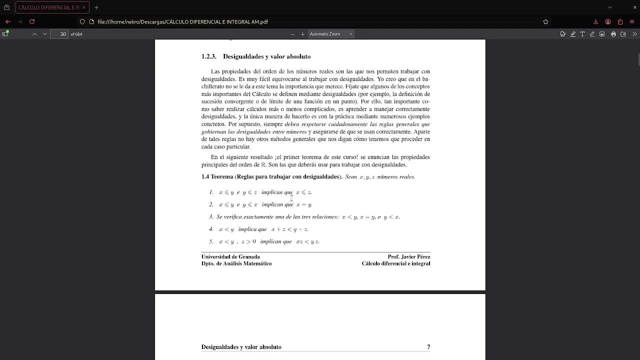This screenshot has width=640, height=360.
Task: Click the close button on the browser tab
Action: pos(83,7)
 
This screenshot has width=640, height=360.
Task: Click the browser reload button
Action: pos(32,21)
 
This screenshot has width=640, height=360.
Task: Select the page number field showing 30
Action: pos(62,34)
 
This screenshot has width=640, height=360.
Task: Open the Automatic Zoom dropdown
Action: pos(330,34)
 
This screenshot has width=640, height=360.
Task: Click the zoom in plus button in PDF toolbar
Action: pos(302,34)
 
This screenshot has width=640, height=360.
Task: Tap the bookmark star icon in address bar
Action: pos(545,21)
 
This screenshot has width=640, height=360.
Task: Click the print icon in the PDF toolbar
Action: pos(613,34)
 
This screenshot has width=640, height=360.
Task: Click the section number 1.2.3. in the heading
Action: pos(208,56)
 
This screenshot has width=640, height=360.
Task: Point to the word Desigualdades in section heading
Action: pos(242,56)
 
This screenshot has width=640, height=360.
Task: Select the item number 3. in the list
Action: pos(211,217)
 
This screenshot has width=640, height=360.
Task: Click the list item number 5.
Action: pos(211,241)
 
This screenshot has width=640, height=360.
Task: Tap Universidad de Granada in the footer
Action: pos(230,257)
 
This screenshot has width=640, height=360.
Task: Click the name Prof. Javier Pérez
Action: pos(408,257)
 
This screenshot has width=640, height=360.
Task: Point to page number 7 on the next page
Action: pos(428,347)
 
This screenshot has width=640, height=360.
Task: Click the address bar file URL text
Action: pos(182,21)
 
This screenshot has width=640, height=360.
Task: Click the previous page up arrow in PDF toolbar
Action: pos(34,34)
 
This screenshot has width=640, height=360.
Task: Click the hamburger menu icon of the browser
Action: pos(632,21)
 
